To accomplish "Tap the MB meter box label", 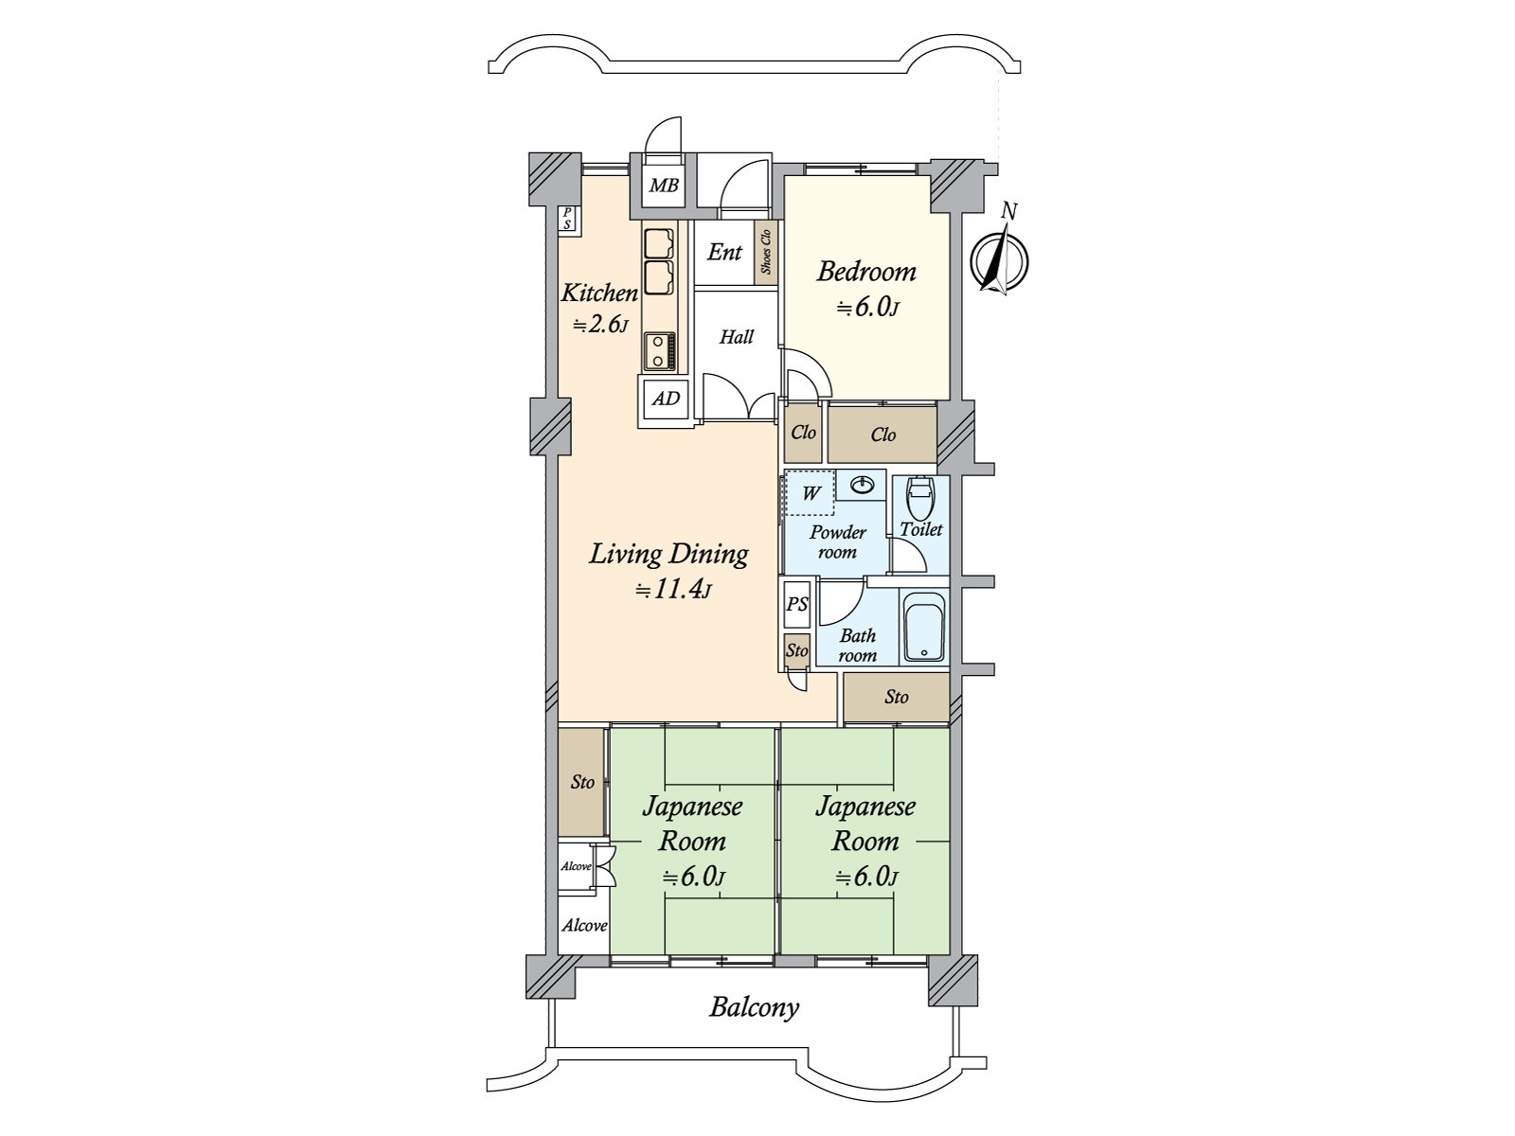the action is coord(664,185).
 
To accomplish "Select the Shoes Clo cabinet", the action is coord(765,252).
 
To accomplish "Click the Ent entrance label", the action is coord(724,253).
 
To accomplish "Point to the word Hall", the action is coord(737,337).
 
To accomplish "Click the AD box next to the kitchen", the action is coord(666,399).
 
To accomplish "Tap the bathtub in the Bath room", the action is coord(923,627).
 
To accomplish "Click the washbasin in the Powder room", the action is coord(861,486).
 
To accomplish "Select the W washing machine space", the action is coord(810,492).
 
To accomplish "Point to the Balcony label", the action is coord(755,1008).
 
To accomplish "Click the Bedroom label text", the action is coord(867,272).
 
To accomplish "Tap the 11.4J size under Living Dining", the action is coord(673,590).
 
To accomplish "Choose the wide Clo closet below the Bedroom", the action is coord(882,435).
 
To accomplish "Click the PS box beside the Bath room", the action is coord(797,604).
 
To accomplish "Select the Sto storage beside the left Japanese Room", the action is coord(582,782).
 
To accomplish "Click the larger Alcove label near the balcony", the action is coord(584,926).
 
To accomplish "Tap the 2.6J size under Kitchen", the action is coord(601,324).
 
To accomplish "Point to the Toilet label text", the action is coord(921,530).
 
